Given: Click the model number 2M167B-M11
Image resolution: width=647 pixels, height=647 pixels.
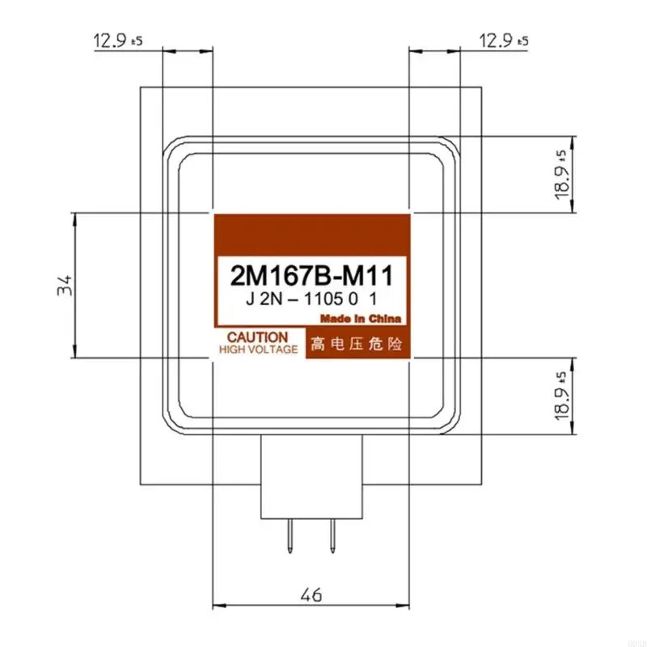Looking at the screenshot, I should tap(311, 276).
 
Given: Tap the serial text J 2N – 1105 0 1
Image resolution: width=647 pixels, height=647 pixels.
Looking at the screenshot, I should tap(311, 299).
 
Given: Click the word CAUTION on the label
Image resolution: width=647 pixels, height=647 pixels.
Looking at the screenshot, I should tap(257, 336).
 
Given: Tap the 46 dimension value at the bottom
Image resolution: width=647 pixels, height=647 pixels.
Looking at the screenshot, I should tap(311, 596).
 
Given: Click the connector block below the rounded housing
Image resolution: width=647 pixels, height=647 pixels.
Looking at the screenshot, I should tap(311, 477).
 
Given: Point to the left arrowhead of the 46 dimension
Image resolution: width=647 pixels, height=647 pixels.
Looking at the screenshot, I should tap(216, 605).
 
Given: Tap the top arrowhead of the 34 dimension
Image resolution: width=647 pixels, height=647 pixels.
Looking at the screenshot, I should tap(74, 216).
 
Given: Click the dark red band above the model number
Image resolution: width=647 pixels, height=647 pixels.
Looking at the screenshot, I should tap(311, 235).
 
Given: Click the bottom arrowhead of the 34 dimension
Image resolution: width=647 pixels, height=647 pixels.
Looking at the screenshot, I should tap(74, 353).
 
